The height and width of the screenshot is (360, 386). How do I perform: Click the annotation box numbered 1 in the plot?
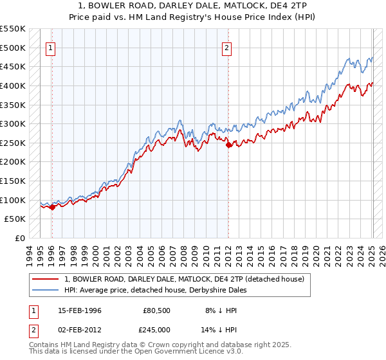tap(51, 47)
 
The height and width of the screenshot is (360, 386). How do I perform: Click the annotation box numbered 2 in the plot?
tap(227, 47)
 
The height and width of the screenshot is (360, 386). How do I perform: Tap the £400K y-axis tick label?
tap(13, 85)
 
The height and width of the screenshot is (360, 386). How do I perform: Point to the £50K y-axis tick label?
tap(15, 219)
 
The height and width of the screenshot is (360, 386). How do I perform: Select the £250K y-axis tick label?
tap(13, 143)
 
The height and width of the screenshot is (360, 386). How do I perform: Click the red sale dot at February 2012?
tap(228, 145)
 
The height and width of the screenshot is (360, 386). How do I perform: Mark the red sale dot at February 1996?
tap(52, 207)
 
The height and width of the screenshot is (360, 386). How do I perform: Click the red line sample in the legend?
tap(46, 279)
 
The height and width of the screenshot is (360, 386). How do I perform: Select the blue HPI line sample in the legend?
tap(46, 289)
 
